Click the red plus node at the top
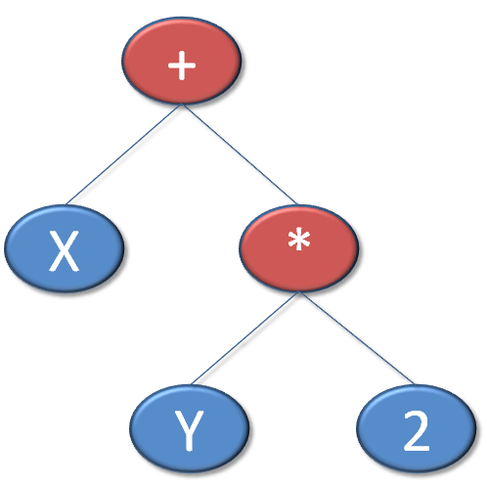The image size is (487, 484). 182,61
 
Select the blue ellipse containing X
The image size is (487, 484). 65,248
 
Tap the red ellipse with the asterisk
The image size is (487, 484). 299,248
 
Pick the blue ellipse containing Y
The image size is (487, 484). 190,428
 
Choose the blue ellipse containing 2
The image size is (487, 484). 417,428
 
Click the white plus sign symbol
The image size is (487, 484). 182,66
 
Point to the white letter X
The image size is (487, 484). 65,250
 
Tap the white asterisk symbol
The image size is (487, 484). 299,240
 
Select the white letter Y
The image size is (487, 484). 189,430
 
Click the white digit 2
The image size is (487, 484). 417,430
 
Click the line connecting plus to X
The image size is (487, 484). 124,154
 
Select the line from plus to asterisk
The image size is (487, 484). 240,154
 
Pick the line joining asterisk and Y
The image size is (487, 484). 244,338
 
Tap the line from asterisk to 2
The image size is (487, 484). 356,338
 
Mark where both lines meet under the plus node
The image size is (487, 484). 182,105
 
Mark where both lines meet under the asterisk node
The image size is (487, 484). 298,291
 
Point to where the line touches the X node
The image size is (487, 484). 66,204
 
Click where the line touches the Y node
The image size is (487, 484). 192,384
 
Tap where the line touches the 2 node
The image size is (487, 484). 414,384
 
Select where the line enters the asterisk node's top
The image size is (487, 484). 297,204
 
